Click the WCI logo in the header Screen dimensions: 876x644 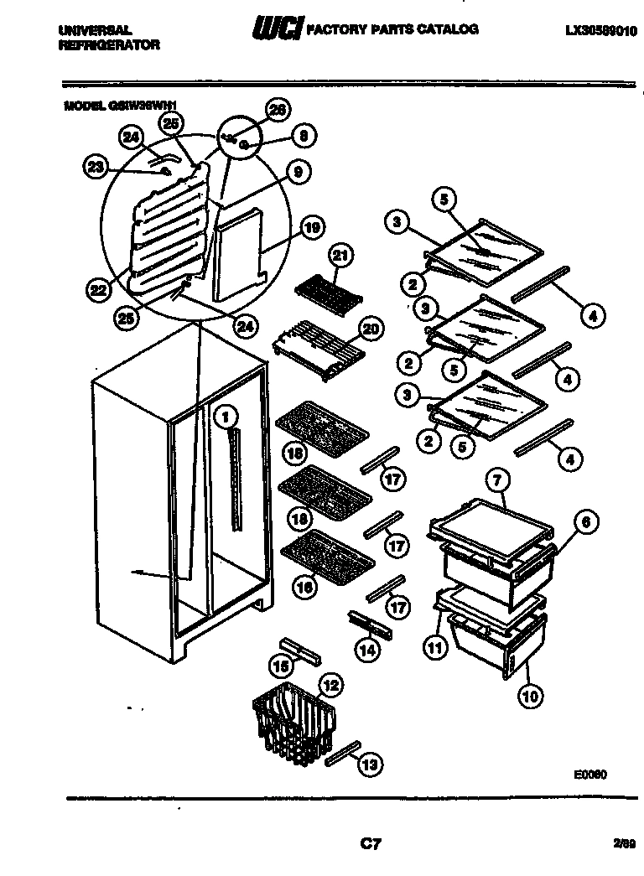tap(278, 30)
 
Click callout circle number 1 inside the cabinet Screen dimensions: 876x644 tap(226, 413)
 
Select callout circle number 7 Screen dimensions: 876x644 tap(496, 482)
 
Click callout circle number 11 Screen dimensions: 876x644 tap(434, 646)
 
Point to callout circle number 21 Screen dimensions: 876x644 tap(341, 255)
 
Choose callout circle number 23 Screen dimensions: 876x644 tap(96, 167)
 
